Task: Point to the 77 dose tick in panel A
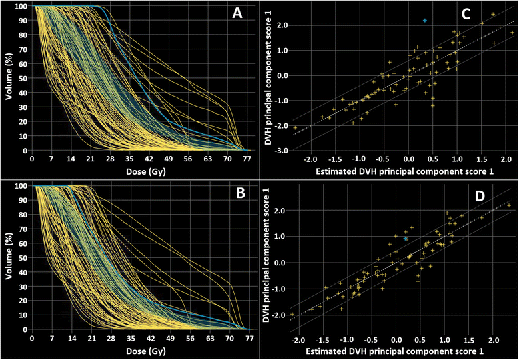[247, 160]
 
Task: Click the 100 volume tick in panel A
[22, 6]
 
